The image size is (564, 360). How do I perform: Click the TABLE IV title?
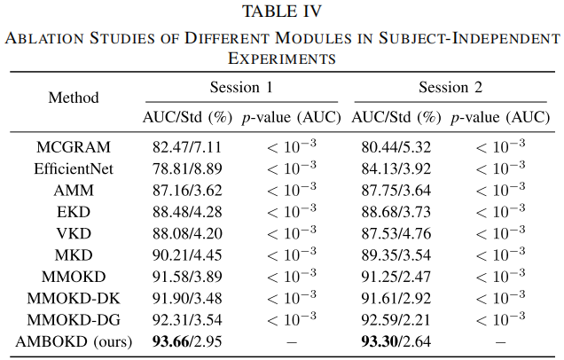pos(282,12)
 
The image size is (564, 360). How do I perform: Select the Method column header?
pos(74,98)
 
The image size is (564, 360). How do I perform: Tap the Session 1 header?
pos(241,88)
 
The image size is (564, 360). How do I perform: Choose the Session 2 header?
pos(450,88)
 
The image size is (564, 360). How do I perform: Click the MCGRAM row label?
pos(74,147)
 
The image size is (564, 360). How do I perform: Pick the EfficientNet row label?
pos(74,168)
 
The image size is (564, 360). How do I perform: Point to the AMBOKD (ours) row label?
pos(74,341)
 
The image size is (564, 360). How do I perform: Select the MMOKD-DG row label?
pos(74,320)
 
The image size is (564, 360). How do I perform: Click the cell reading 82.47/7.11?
pos(187,147)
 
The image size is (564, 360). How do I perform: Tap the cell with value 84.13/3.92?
pos(396,168)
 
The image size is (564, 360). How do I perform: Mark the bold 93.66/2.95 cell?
pos(187,341)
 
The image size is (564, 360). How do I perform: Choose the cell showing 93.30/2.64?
pos(396,341)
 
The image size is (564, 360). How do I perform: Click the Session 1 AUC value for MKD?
pos(187,255)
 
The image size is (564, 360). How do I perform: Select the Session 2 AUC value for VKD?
pos(396,233)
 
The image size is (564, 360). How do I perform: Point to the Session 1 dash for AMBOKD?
pos(292,341)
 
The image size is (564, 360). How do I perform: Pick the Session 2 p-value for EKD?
pos(500,210)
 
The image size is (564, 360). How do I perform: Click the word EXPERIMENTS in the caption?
pos(282,59)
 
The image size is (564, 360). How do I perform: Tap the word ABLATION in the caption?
pos(44,38)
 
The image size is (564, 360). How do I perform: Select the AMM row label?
pos(74,191)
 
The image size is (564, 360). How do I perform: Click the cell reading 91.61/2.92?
pos(396,298)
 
